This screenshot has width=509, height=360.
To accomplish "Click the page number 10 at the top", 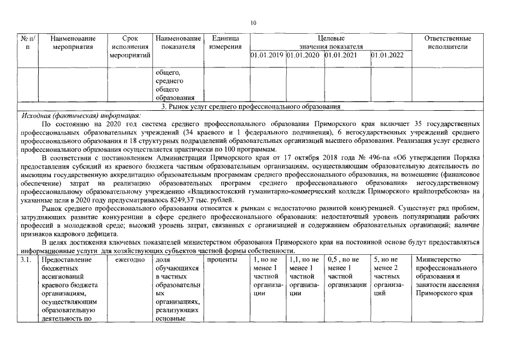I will (253, 23).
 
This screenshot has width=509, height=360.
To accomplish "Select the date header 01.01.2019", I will (267, 55).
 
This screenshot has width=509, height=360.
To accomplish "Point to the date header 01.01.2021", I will (341, 55).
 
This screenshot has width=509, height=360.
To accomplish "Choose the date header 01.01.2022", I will (388, 55).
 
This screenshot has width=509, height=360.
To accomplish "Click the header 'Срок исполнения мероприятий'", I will (129, 47).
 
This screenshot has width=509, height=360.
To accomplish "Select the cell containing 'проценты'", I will (222, 259).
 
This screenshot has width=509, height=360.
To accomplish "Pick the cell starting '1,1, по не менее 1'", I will (303, 276).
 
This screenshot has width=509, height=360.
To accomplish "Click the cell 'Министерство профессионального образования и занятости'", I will (447, 276).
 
